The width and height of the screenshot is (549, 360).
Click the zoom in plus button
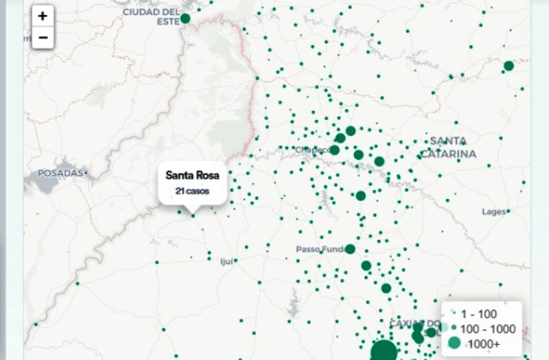43,16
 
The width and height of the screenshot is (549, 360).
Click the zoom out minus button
43,37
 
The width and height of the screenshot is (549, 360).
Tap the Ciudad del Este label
150,16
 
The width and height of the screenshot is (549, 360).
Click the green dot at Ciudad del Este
185,19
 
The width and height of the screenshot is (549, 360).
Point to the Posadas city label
60,173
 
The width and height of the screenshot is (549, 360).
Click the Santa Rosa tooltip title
192,176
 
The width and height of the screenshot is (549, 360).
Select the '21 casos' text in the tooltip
192,191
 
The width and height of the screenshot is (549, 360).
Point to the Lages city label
493,212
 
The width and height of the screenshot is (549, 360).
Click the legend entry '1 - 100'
478,314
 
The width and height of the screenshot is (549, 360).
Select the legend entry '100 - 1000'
487,329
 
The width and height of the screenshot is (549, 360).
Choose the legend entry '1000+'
483,344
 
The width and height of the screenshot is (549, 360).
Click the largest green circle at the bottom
384,351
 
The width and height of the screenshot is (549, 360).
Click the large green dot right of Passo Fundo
350,249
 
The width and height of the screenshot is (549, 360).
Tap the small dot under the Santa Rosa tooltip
193,216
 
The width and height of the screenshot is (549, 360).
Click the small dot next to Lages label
509,212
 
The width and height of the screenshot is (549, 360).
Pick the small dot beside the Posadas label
86,173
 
